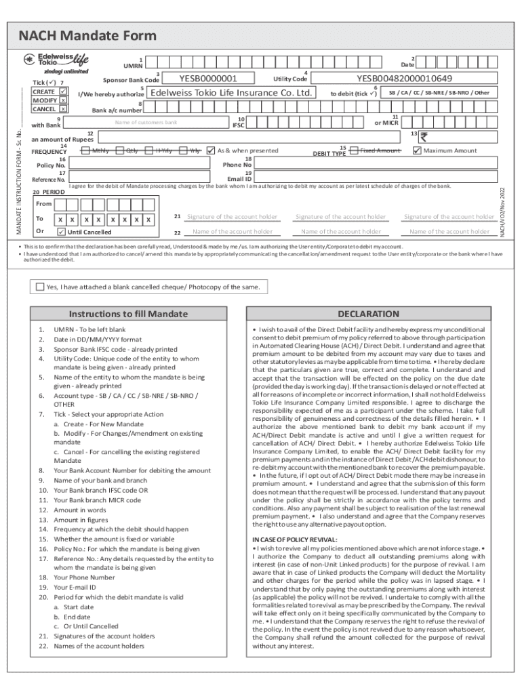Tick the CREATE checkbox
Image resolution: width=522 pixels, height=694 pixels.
[x=63, y=91]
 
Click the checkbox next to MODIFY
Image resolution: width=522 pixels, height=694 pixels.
[x=62, y=100]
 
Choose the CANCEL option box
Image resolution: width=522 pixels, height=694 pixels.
[x=62, y=108]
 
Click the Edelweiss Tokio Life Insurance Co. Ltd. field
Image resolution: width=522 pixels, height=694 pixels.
[x=230, y=93]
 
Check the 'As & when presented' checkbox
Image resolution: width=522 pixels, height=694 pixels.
[x=211, y=150]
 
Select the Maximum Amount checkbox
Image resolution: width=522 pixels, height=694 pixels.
[x=417, y=150]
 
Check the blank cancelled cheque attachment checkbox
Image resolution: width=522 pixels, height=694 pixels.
[x=41, y=287]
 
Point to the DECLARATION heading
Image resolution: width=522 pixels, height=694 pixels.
[x=369, y=314]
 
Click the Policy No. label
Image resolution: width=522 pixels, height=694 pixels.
[x=51, y=165]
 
